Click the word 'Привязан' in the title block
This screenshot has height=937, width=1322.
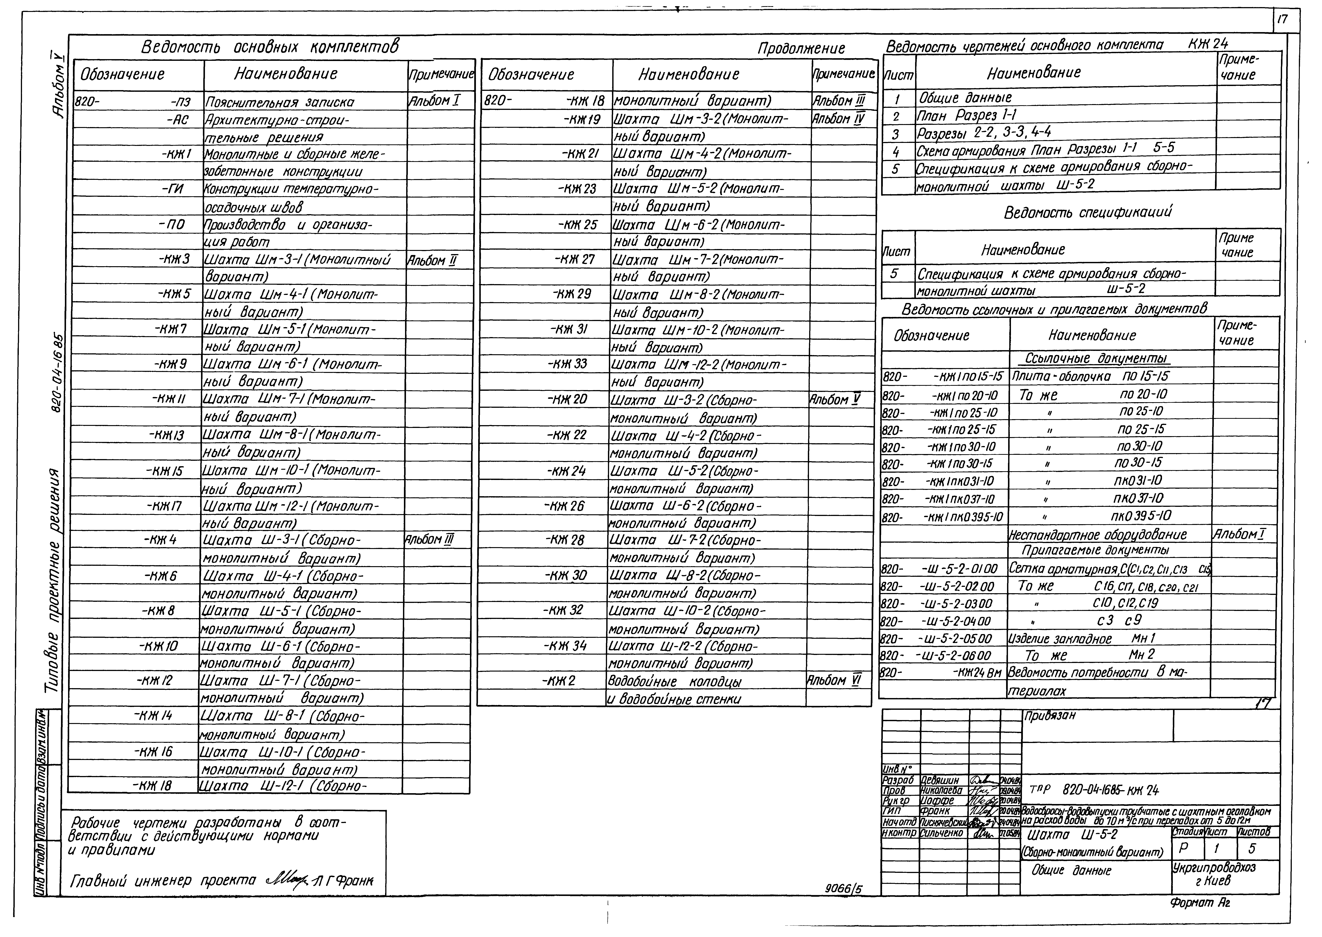tap(1050, 716)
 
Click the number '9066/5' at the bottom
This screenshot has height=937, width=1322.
tap(844, 889)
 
